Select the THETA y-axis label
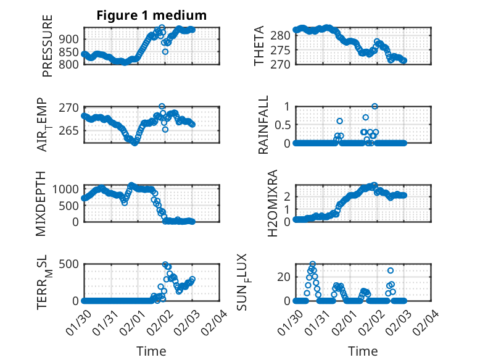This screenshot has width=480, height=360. [259, 45]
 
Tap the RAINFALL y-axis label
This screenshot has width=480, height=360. [263, 124]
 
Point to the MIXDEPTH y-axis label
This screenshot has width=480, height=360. [42, 203]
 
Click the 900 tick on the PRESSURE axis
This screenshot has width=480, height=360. [69, 39]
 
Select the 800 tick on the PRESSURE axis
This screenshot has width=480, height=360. [69, 64]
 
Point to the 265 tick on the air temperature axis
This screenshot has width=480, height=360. [69, 130]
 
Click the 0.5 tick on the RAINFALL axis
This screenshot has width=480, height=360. [278, 124]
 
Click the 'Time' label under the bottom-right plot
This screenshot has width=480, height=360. [363, 351]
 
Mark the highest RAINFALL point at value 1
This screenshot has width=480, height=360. [374, 106]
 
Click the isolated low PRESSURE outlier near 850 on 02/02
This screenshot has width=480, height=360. [165, 52]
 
